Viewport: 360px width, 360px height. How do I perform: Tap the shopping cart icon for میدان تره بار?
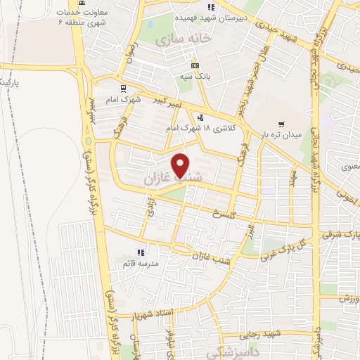click(281, 123)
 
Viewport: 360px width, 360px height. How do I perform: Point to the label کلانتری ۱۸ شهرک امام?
click(207, 129)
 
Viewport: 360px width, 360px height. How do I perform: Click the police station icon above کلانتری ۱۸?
click(202, 117)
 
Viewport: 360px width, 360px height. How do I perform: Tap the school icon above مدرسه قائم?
click(141, 251)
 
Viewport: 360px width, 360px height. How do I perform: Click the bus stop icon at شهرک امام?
click(124, 89)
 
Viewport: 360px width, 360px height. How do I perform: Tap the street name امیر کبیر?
click(170, 103)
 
